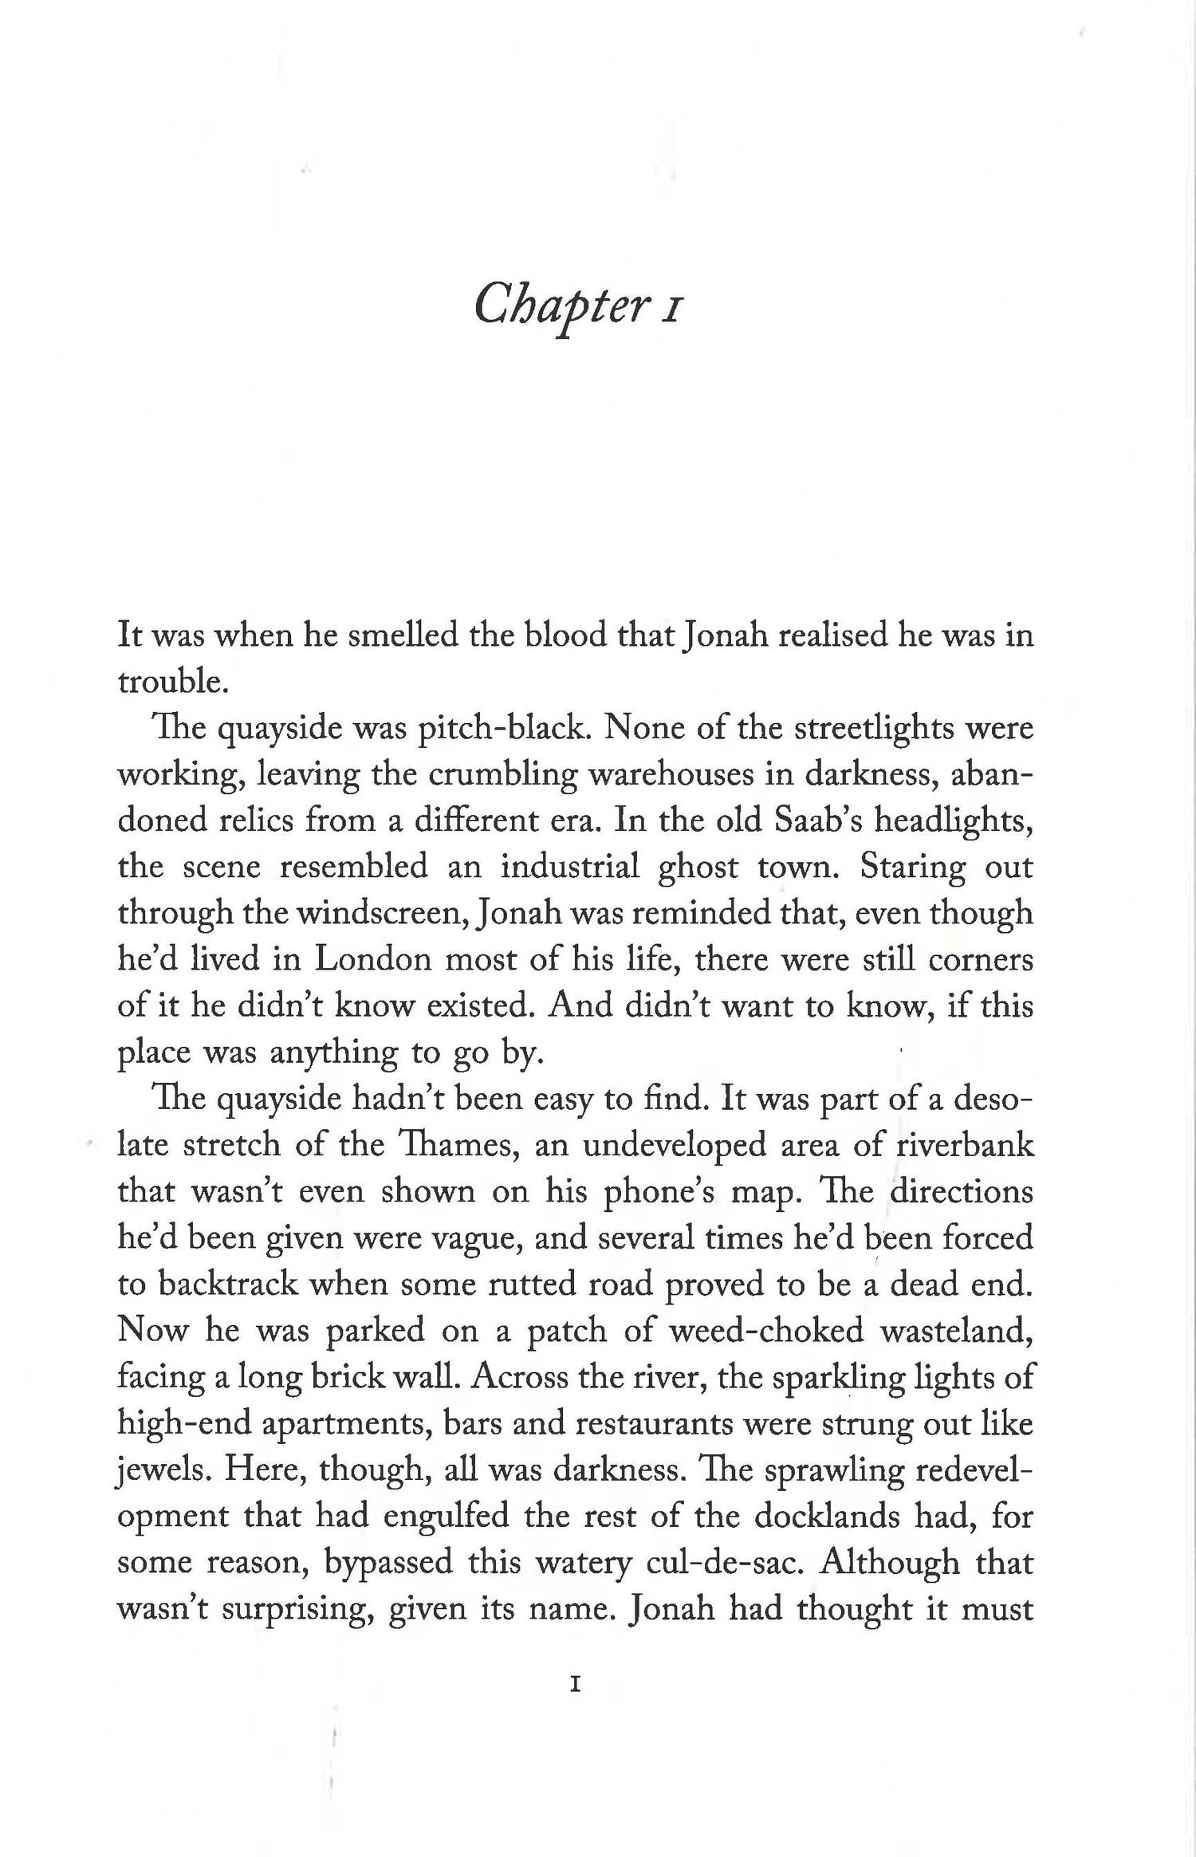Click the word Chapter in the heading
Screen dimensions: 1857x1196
558,305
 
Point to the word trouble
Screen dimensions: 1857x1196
167,682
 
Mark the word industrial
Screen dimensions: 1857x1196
568,867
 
